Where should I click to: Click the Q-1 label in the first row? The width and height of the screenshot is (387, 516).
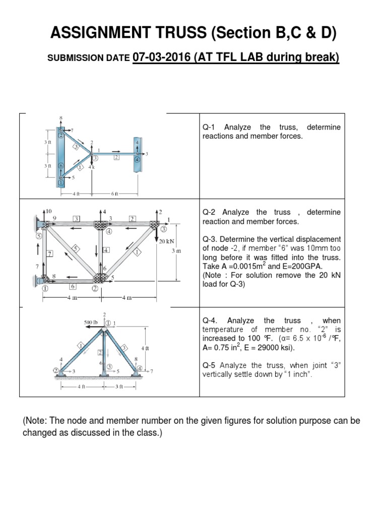(x=209, y=127)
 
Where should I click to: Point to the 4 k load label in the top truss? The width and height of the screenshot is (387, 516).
(x=92, y=167)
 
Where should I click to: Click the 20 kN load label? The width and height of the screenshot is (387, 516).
(x=166, y=242)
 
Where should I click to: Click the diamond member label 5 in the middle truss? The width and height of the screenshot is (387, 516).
(x=75, y=248)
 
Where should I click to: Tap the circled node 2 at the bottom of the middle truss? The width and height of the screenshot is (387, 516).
(x=94, y=289)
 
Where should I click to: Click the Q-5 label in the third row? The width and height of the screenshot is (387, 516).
(x=210, y=365)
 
